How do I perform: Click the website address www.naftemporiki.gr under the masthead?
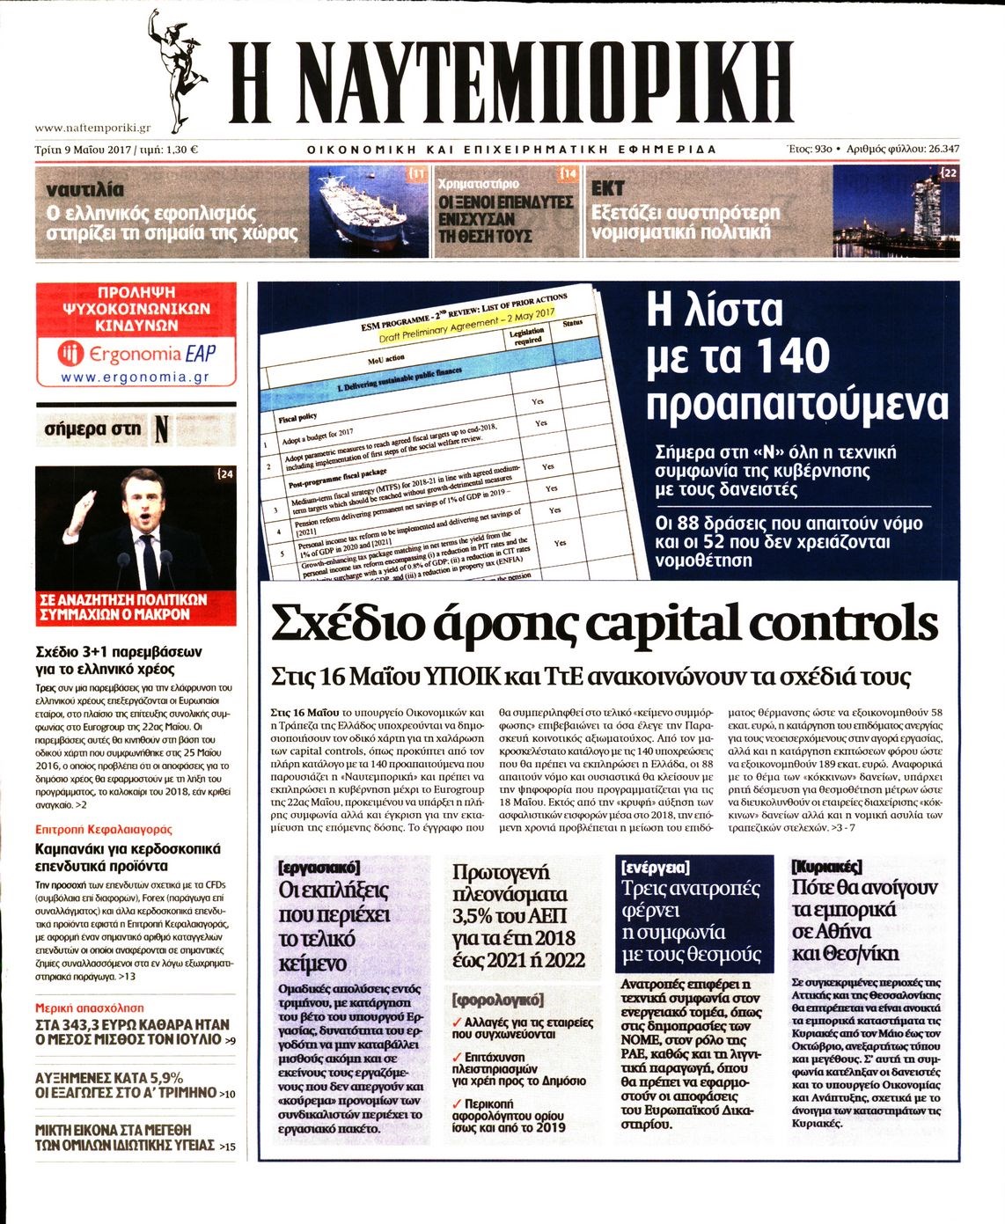click(92, 128)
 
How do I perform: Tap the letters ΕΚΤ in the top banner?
click(608, 188)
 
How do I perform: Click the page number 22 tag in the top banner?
click(949, 174)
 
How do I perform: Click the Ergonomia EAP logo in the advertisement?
click(136, 354)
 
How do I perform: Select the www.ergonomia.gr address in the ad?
click(136, 377)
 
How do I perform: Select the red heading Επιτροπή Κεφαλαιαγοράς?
click(104, 829)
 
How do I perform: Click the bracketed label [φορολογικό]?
click(498, 1000)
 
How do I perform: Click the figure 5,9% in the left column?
click(161, 1077)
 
